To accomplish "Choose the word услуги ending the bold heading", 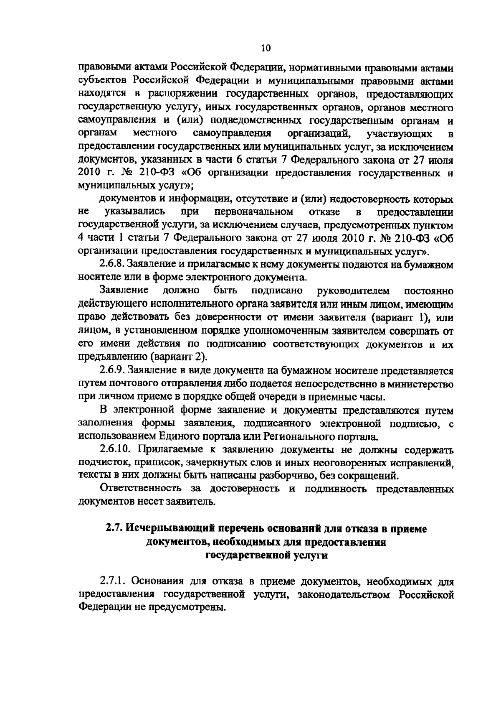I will [x=313, y=555].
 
